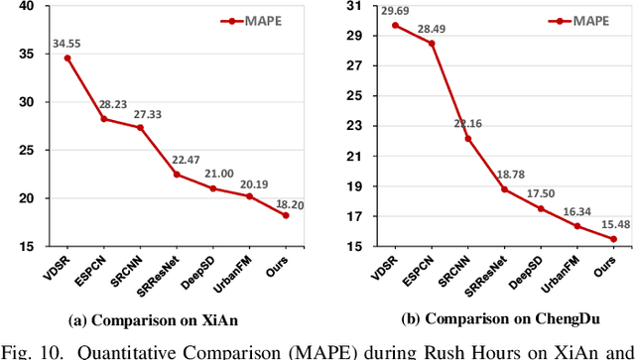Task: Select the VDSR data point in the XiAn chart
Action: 67,58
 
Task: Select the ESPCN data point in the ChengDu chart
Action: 433,44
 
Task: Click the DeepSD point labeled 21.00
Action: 213,188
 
